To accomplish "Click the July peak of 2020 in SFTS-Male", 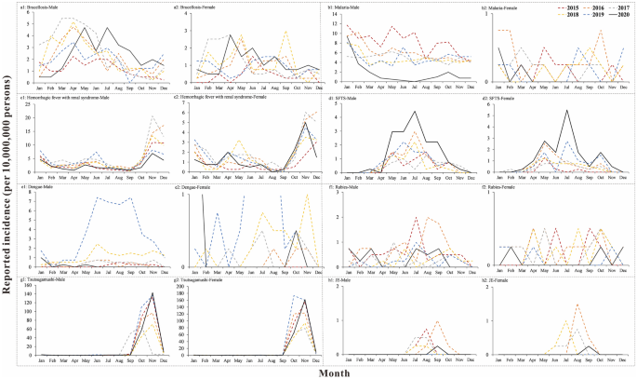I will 412,112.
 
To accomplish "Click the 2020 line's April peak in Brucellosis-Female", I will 231,35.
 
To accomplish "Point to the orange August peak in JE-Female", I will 577,305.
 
